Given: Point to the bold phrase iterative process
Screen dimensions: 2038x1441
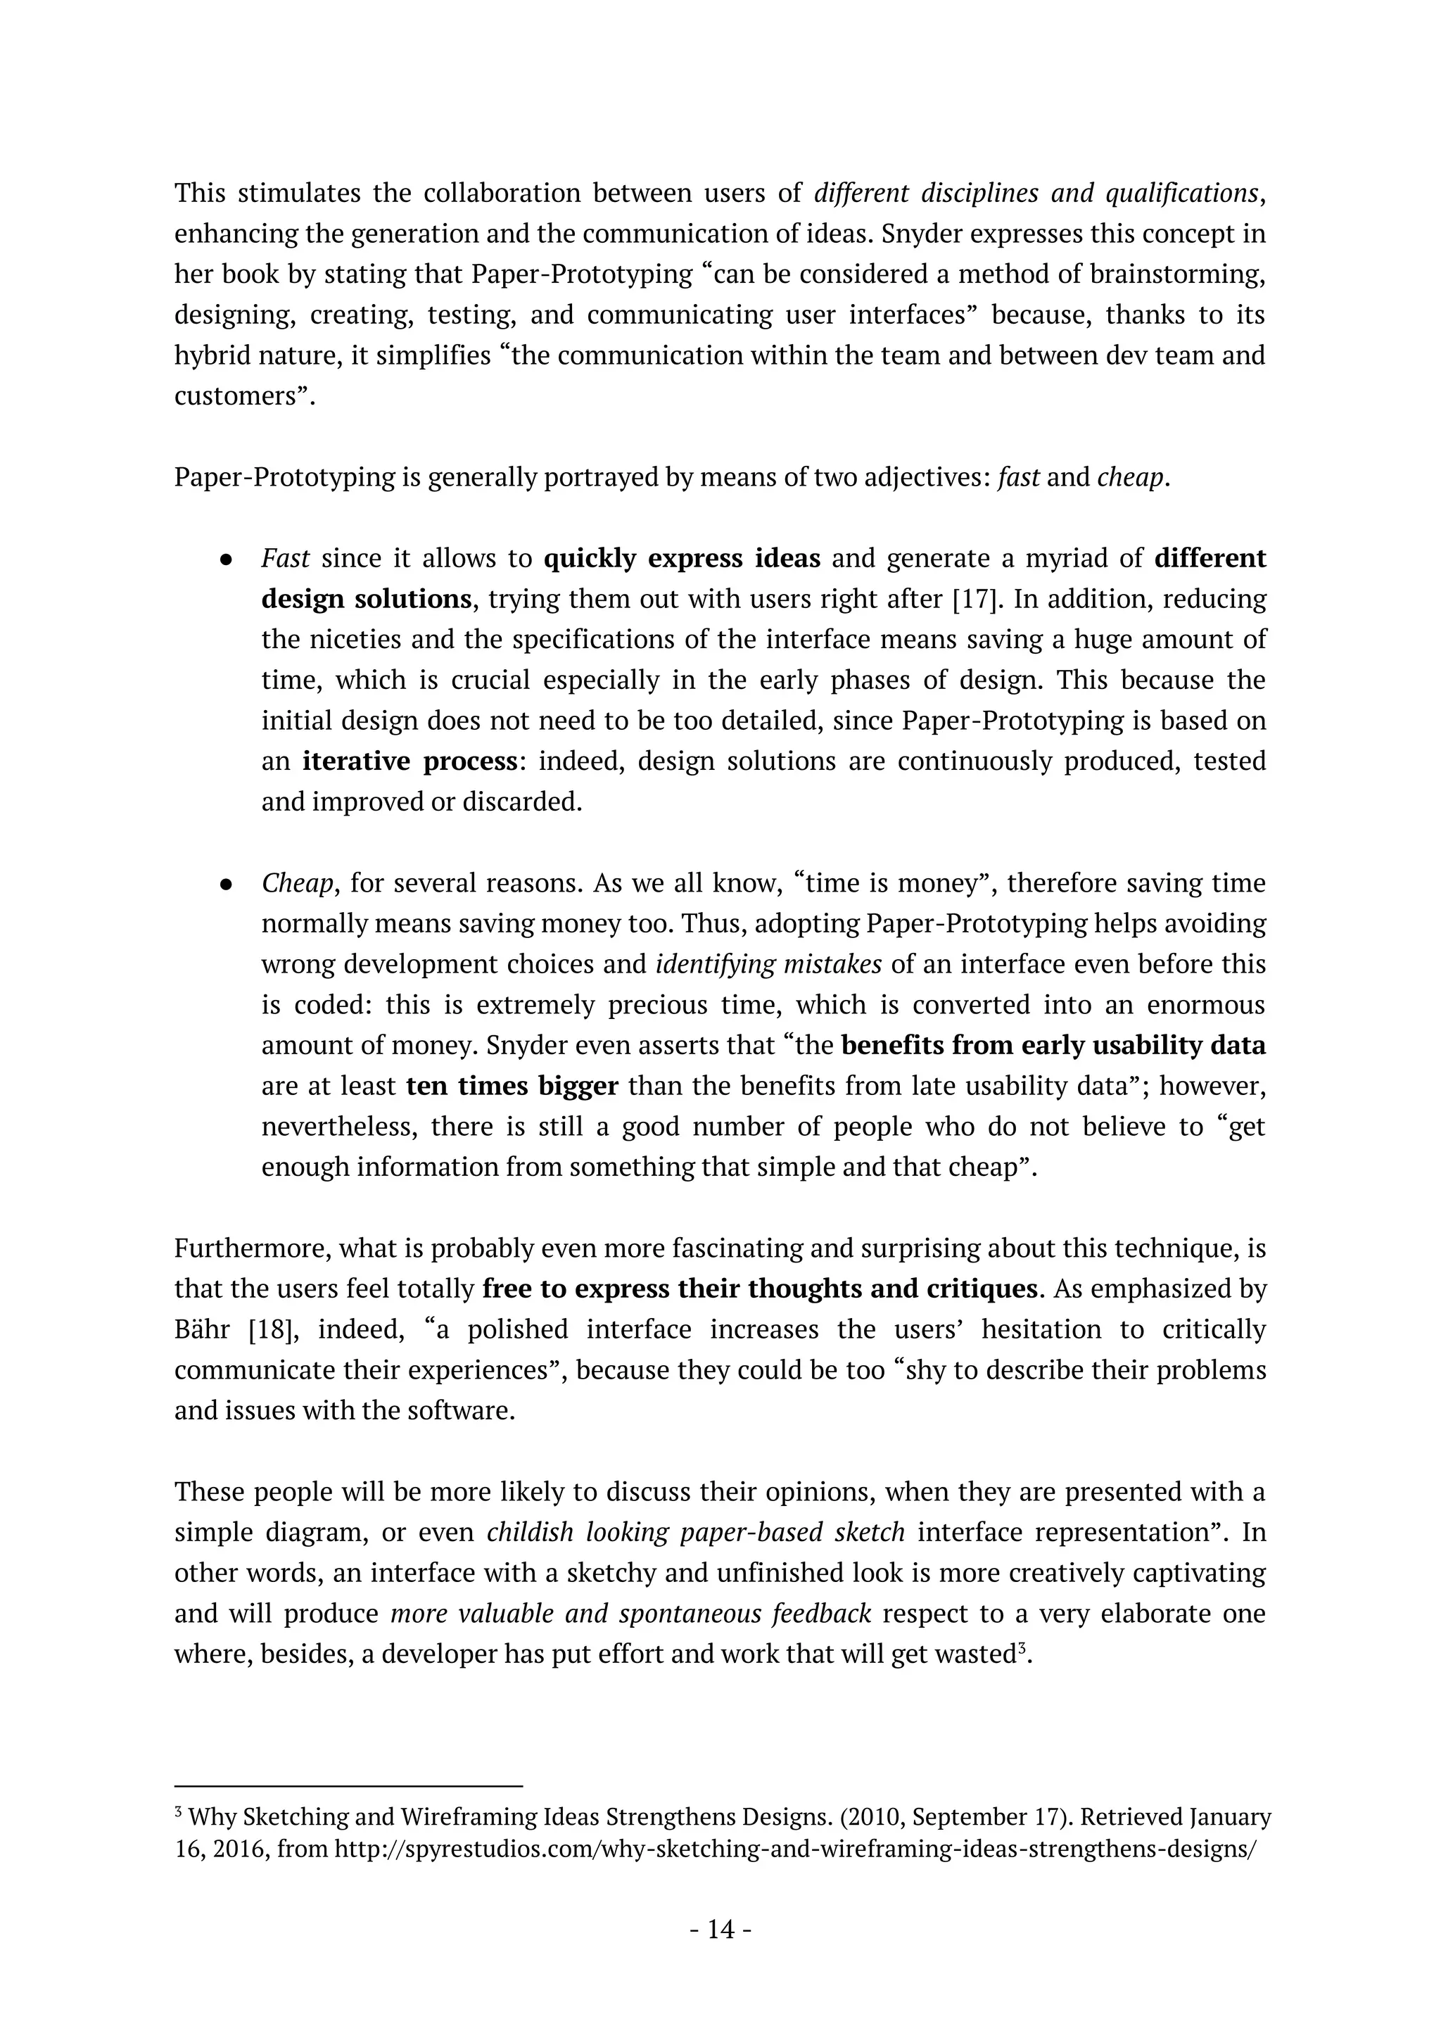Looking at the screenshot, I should tap(410, 761).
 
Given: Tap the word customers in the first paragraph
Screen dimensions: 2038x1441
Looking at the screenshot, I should tap(235, 396).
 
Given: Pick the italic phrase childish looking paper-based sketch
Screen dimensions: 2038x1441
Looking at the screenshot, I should tap(696, 1532).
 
